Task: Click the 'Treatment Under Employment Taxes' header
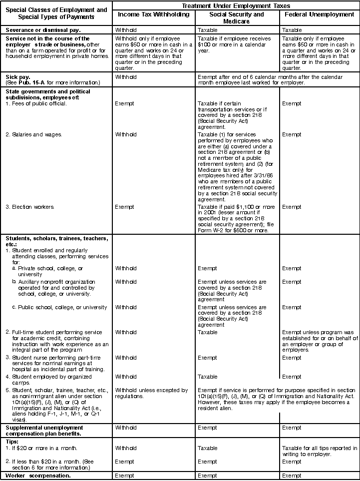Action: tap(235, 5)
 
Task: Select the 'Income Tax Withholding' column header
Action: tap(153, 14)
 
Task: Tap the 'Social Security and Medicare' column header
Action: tap(237, 17)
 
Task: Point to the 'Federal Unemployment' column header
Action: tap(320, 14)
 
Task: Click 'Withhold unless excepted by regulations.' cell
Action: tap(151, 393)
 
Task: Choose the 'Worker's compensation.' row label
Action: tap(38, 476)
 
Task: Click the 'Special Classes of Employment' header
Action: tap(56, 10)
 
